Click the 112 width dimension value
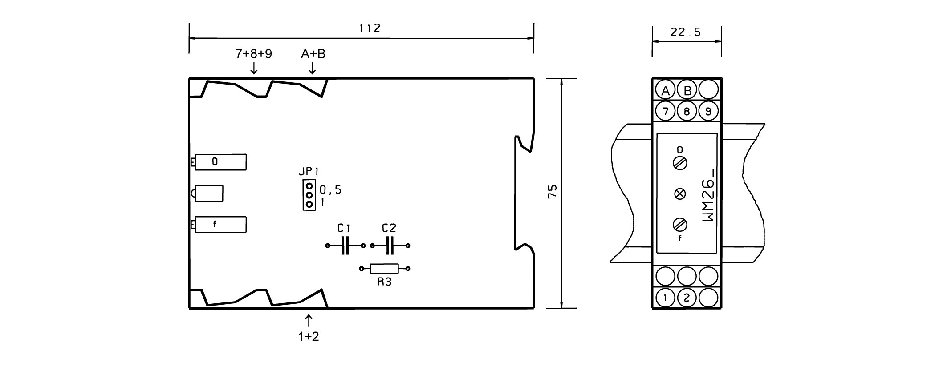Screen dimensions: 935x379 click(x=370, y=28)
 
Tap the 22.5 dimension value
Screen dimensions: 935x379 click(x=686, y=32)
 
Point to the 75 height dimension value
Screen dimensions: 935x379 click(x=552, y=192)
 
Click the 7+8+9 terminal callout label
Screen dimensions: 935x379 click(x=253, y=54)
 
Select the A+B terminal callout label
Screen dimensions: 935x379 click(x=313, y=54)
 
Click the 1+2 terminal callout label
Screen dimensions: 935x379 click(x=309, y=336)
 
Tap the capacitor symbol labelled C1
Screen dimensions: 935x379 click(x=346, y=246)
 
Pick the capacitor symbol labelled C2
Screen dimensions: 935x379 click(x=390, y=246)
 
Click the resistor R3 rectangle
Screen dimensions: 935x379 click(x=385, y=269)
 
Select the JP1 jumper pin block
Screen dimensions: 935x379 click(x=309, y=195)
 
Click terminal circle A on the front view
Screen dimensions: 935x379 click(x=665, y=91)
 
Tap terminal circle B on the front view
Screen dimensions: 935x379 click(x=687, y=91)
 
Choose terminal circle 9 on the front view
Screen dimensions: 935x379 click(x=708, y=111)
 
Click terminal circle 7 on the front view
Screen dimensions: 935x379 click(x=665, y=111)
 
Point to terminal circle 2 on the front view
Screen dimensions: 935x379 click(x=687, y=298)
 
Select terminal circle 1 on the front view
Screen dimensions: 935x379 click(x=665, y=298)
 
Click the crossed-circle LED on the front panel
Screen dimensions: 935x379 click(x=680, y=194)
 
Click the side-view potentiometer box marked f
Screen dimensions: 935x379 click(x=220, y=225)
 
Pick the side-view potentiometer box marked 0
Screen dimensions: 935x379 click(x=220, y=162)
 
